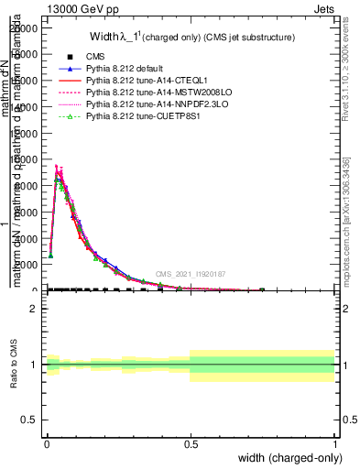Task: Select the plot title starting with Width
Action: pos(191,38)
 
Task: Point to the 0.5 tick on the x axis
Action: pos(191,443)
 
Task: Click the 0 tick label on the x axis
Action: pos(47,443)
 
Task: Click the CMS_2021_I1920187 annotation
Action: pos(190,274)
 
